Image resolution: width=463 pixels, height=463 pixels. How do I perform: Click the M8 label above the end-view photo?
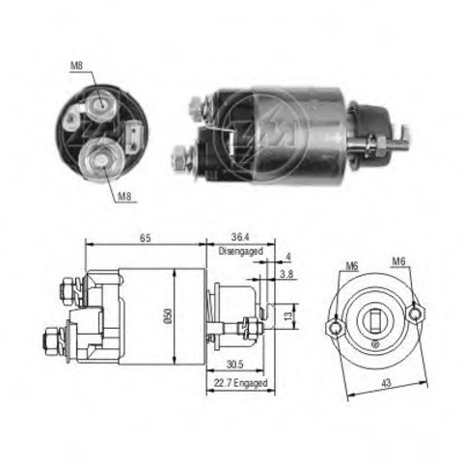(x=76, y=66)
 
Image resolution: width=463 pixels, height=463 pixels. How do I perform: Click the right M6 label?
(x=397, y=260)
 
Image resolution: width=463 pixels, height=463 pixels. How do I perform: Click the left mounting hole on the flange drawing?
(x=336, y=328)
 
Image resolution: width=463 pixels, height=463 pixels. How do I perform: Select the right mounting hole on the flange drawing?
(x=416, y=313)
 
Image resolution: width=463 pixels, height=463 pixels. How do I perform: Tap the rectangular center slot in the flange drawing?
(x=376, y=317)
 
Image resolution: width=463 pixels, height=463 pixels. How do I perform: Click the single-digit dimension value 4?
(x=288, y=256)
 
